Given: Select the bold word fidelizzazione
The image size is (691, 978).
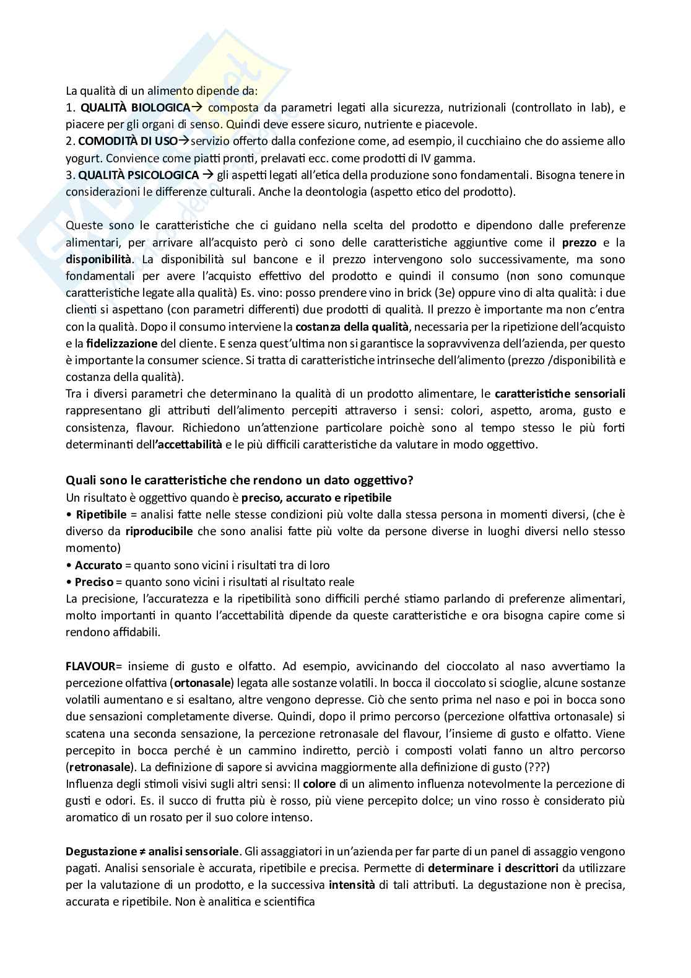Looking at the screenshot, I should click(x=117, y=343).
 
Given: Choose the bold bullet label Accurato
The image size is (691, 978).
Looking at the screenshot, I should click(x=98, y=565).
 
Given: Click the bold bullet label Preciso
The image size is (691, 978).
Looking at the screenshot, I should click(x=94, y=582).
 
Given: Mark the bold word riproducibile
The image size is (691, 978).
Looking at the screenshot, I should click(x=159, y=531).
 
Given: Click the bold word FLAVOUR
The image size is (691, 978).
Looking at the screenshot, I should click(x=90, y=666).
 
